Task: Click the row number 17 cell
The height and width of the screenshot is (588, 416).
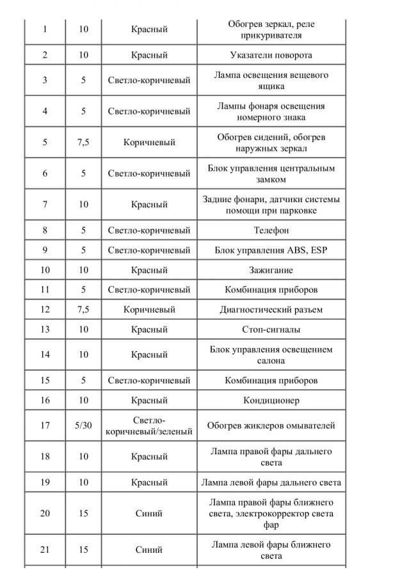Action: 45,425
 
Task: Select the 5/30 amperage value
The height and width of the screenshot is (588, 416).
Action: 83,425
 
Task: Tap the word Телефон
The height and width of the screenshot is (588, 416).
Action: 271,230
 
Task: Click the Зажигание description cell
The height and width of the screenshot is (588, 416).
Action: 271,269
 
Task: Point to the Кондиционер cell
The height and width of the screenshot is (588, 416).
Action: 271,401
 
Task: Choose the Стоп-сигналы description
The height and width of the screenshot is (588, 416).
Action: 271,330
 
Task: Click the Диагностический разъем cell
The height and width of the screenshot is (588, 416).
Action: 271,310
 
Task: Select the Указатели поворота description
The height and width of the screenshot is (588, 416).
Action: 271,54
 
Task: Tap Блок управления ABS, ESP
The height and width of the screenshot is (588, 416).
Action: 271,250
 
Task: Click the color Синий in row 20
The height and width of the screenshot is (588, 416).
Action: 149,513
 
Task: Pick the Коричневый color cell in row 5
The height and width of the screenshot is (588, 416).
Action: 149,142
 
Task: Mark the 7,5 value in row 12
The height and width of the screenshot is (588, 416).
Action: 83,310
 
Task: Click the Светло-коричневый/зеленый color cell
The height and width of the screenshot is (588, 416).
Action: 149,425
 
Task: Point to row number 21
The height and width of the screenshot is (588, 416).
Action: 45,550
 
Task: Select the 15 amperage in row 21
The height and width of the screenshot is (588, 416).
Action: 83,550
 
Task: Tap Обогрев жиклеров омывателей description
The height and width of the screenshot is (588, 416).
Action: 271,425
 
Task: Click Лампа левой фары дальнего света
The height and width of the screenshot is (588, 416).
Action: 271,482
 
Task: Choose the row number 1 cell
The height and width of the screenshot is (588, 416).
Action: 45,29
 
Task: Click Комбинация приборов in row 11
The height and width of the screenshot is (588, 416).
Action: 271,290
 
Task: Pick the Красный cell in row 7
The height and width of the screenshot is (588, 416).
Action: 149,205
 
